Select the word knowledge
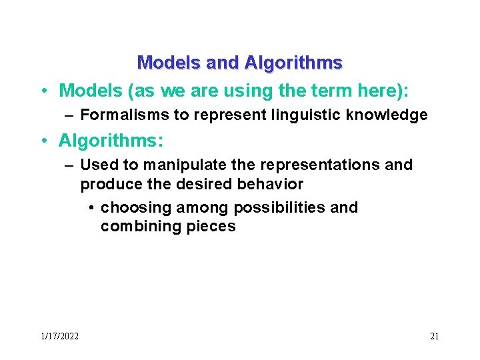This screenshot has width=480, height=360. pyautogui.click(x=387, y=115)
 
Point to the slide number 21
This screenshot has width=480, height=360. pyautogui.click(x=434, y=336)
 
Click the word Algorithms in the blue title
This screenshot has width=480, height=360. pyautogui.click(x=293, y=63)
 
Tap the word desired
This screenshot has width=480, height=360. pyautogui.click(x=204, y=183)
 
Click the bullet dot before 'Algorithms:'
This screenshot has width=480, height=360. pyautogui.click(x=43, y=141)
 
